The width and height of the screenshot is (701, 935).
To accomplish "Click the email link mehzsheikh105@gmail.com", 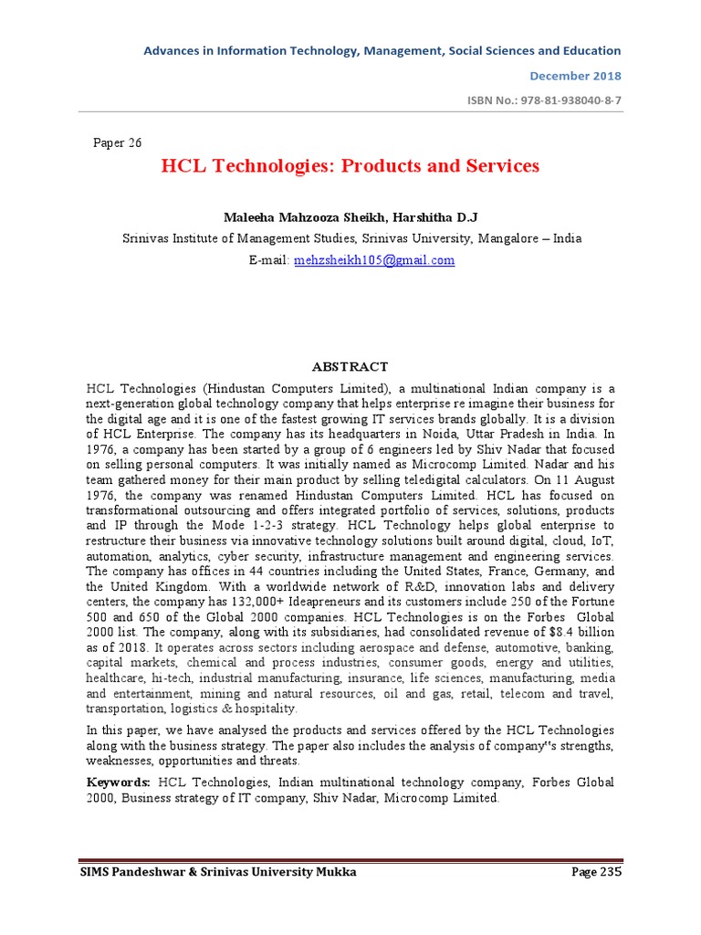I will [x=374, y=260].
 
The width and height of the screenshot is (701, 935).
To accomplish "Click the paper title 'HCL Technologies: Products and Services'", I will [x=350, y=166].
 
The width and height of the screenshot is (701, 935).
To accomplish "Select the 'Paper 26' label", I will [x=118, y=142].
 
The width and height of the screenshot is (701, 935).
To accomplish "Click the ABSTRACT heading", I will [x=350, y=366].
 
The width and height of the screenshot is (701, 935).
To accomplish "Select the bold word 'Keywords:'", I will [x=119, y=783].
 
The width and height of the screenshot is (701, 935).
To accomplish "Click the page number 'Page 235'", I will [x=596, y=873].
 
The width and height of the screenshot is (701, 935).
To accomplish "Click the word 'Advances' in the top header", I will [x=171, y=51].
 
